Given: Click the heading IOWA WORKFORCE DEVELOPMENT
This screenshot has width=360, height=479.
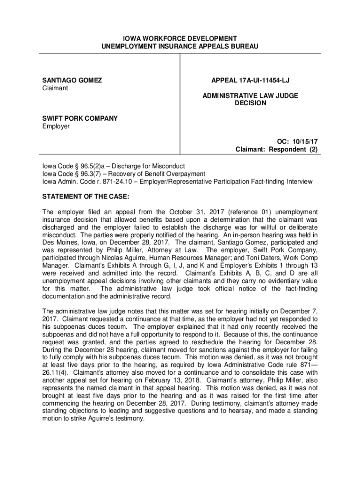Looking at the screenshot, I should (x=180, y=38).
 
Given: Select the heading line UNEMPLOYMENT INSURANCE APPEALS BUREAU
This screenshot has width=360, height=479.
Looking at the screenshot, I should (x=180, y=46).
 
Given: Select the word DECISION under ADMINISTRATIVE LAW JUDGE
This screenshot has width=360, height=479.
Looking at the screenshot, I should (x=250, y=103).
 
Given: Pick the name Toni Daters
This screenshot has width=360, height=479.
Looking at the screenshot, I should (x=252, y=258).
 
